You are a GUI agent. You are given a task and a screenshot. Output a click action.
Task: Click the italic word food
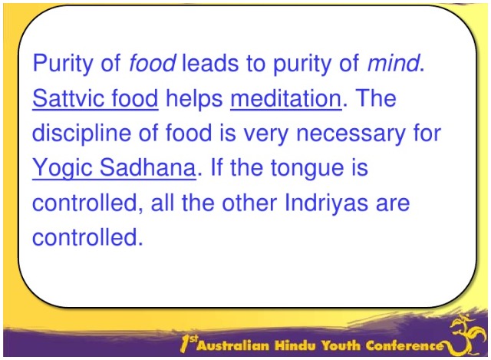153,64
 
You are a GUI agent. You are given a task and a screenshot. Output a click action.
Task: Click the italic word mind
394,64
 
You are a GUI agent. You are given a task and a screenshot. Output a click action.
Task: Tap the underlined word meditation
285,98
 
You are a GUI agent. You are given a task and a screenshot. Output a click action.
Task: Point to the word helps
194,98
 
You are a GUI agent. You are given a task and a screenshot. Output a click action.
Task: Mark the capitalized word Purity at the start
67,64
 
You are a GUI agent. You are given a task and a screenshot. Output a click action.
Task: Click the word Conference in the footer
407,345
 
